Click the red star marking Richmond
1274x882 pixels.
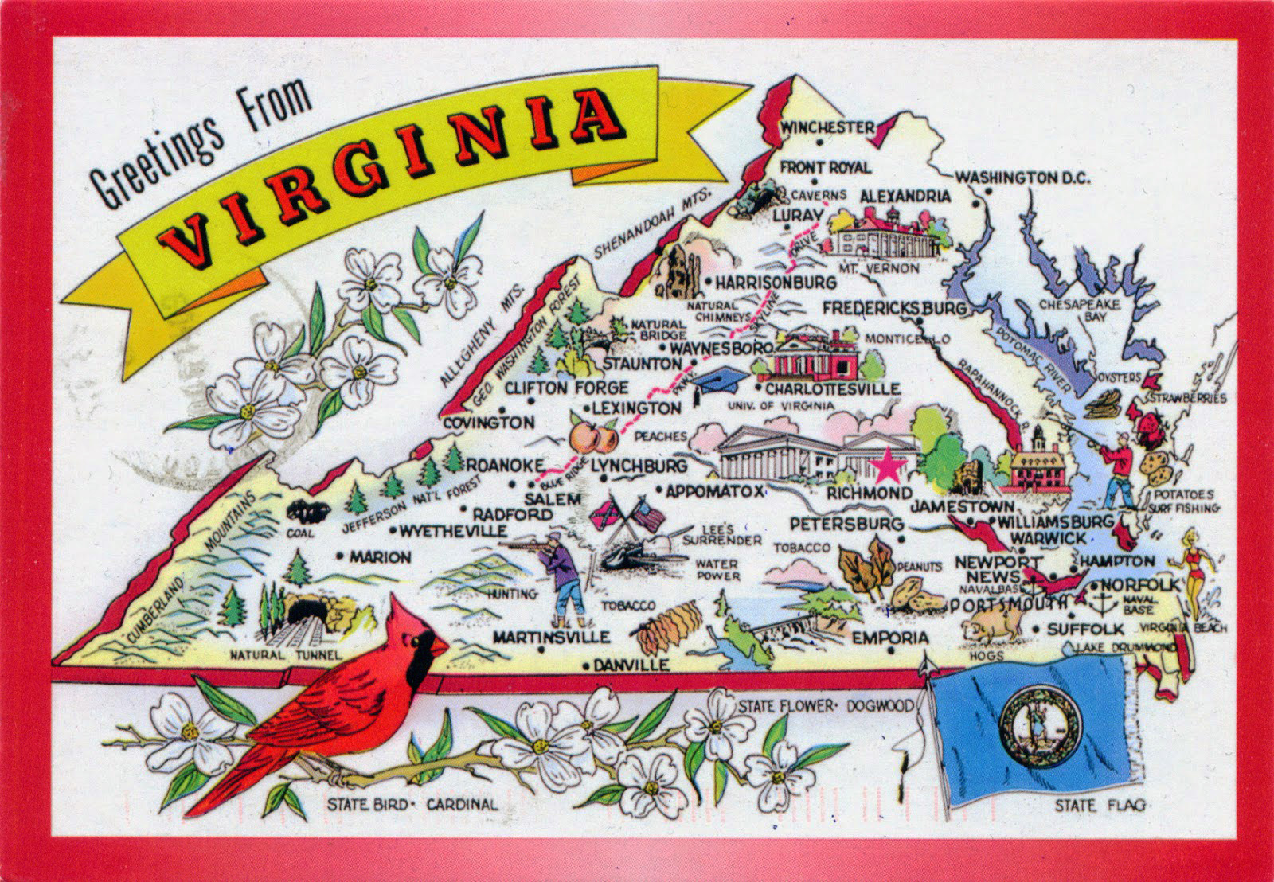pyautogui.click(x=889, y=466)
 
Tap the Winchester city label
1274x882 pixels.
pyautogui.click(x=827, y=127)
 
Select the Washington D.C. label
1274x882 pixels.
pyautogui.click(x=1022, y=178)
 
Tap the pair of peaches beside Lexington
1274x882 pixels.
pyautogui.click(x=594, y=436)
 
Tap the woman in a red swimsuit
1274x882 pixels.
pyautogui.click(x=1194, y=569)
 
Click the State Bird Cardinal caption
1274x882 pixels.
pyautogui.click(x=412, y=805)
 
